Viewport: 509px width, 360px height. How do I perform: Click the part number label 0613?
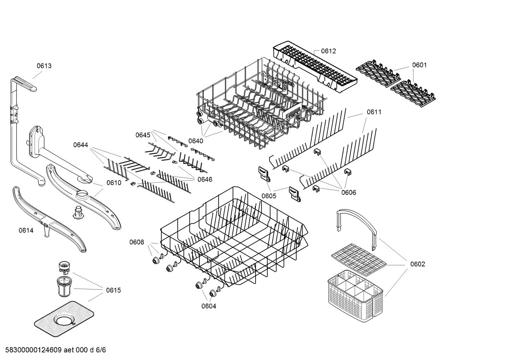[x=44, y=66]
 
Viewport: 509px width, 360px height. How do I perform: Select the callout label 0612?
[x=328, y=51]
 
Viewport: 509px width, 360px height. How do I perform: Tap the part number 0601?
[x=419, y=65]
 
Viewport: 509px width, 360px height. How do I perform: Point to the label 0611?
[x=374, y=112]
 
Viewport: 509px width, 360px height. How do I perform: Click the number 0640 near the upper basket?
[x=196, y=141]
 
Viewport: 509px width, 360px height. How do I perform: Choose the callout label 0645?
[x=143, y=135]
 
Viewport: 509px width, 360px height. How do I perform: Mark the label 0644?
[x=81, y=144]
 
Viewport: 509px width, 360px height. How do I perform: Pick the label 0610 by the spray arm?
[x=114, y=183]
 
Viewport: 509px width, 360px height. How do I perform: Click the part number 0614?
[x=26, y=231]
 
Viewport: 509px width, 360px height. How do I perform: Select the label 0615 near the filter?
[x=113, y=290]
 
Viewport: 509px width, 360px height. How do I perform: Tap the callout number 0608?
[x=137, y=242]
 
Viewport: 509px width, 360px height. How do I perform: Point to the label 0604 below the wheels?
[x=209, y=306]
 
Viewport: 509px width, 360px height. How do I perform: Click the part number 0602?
[x=418, y=264]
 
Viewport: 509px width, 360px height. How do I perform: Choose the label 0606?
[x=348, y=192]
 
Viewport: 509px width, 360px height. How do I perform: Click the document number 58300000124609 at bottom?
[x=31, y=350]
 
